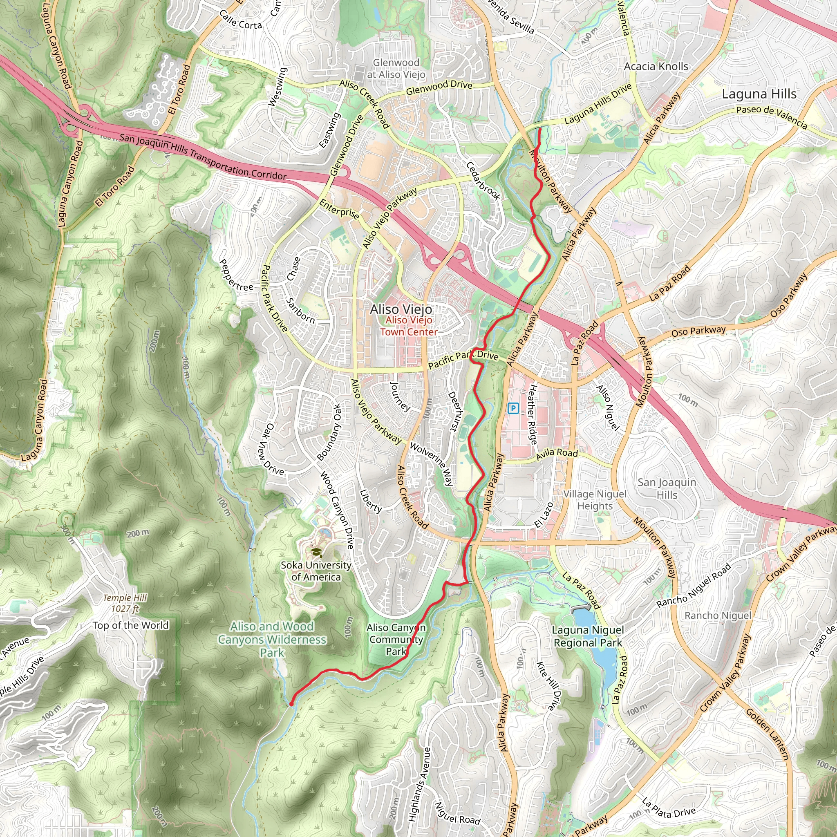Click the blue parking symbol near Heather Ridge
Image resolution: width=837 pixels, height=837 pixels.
[x=513, y=408]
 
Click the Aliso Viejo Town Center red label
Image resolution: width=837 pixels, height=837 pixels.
[x=409, y=326]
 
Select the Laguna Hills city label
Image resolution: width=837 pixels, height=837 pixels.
[x=759, y=94]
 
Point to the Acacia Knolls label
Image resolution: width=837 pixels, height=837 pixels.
[x=656, y=66]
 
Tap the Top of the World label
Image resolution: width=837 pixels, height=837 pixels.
[x=130, y=625]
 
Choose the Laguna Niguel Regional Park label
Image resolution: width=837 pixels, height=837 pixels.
[x=587, y=636]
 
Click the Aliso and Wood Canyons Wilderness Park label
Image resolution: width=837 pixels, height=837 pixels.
[x=272, y=640]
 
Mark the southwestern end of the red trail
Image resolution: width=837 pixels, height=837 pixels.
[x=291, y=704]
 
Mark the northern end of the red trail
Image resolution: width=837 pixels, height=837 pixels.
[x=540, y=129]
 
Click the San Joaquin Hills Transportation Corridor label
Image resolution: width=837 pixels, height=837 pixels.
[x=203, y=157]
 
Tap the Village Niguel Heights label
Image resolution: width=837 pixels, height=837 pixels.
[x=595, y=500]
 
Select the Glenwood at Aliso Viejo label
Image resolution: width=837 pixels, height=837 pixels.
[x=396, y=68]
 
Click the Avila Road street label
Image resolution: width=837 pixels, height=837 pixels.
[x=557, y=454]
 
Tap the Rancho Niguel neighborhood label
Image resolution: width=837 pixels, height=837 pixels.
[x=717, y=615]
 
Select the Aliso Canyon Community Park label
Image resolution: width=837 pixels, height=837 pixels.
[x=396, y=639]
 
